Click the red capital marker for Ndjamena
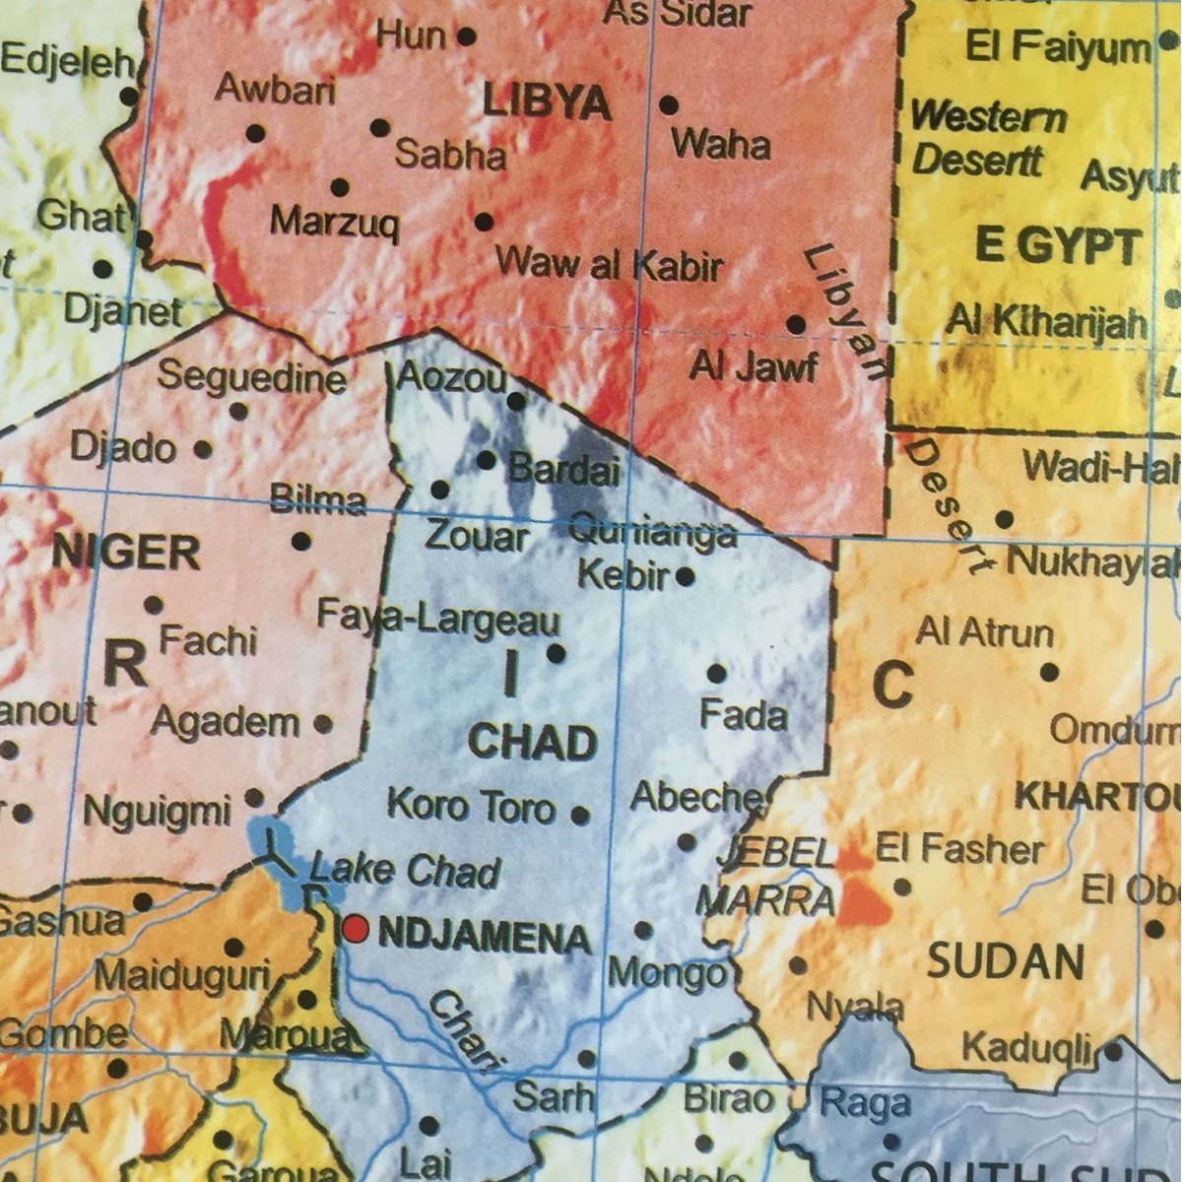pos(356,928)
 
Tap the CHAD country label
pos(533,742)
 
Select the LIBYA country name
pos(548,101)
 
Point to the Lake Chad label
pos(405,872)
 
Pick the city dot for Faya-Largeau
pos(556,652)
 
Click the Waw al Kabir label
pos(609,264)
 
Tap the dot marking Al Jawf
pos(796,324)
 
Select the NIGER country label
pos(126,552)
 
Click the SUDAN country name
pos(1006,960)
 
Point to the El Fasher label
pos(959,848)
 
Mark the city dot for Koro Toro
pos(580,815)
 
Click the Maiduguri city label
pos(182,976)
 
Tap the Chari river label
pos(464,1029)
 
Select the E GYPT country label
pos(1058,246)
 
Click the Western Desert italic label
pos(985,138)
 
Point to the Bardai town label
pos(563,469)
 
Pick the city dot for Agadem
pos(322,724)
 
